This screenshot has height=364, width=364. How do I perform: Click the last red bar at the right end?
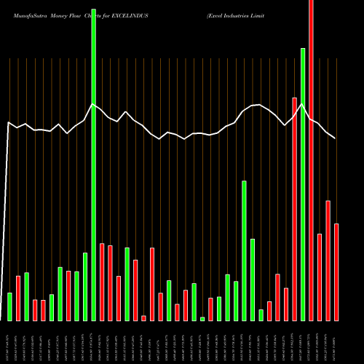(x=336, y=272)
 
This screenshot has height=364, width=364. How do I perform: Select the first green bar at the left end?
(x=9, y=306)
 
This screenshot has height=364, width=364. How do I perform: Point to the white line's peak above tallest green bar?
(x=93, y=104)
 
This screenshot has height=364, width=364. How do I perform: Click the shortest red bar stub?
(x=143, y=318)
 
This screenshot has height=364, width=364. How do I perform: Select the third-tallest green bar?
(x=245, y=250)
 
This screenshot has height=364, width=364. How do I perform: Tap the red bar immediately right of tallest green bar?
(x=102, y=282)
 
